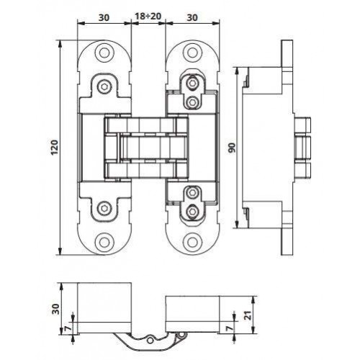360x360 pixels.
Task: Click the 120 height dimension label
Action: coord(55,148)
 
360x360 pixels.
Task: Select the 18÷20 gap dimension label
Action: coord(148,17)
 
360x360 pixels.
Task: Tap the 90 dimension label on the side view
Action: coord(232,148)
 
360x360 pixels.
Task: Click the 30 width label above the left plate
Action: coord(104,17)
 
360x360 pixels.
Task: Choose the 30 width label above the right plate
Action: coord(192,17)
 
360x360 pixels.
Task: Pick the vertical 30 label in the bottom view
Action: coord(55,309)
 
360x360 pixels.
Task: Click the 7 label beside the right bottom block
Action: coord(230,328)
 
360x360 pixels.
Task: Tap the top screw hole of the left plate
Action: coord(104,53)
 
